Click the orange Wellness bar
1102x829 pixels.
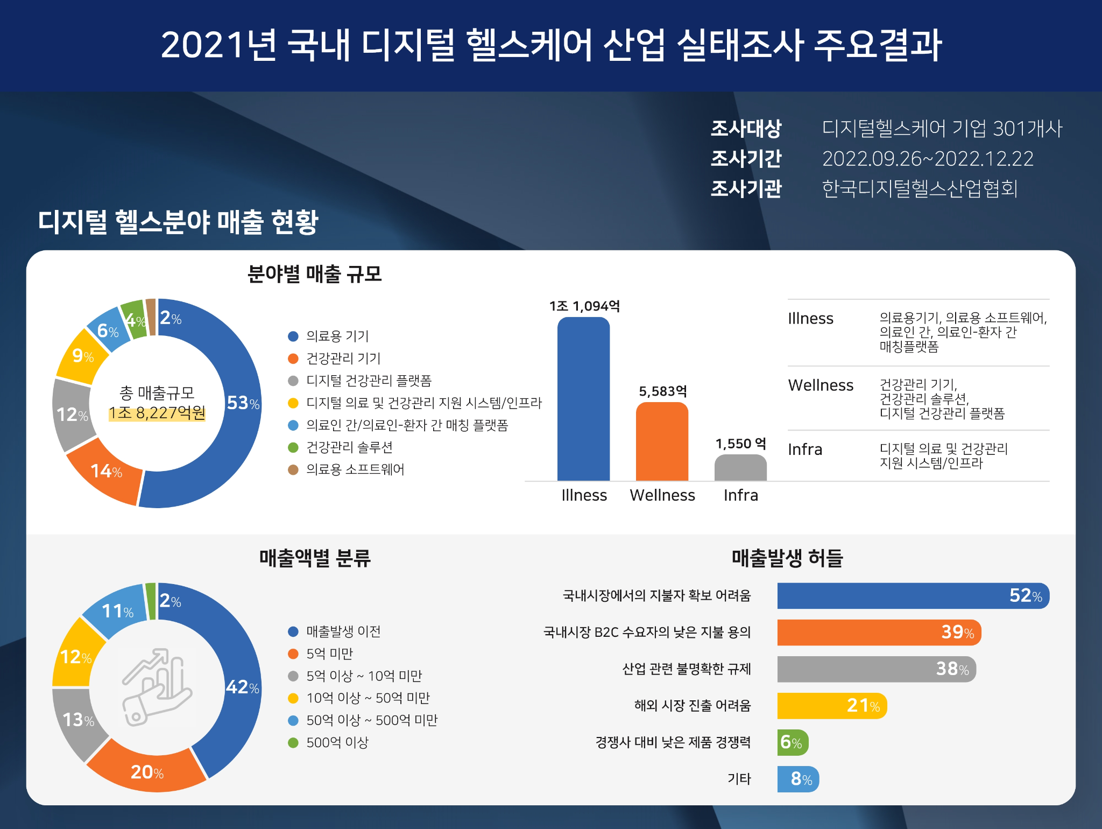point(662,441)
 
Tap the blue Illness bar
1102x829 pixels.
point(583,398)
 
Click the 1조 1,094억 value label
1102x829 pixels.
point(584,306)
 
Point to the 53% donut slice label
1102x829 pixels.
point(243,403)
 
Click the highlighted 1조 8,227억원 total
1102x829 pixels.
point(157,413)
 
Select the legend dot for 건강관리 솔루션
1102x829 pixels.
point(293,447)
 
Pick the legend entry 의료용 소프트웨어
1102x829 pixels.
point(355,469)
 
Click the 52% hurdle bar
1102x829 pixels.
point(913,596)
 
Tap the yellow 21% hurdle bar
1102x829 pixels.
point(831,706)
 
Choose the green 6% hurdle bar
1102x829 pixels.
point(792,742)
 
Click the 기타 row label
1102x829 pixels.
point(739,778)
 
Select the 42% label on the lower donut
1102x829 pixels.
point(242,687)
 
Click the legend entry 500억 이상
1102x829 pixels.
point(337,742)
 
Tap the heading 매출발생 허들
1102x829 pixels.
point(787,558)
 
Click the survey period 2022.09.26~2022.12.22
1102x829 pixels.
point(928,159)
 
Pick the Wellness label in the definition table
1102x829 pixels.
point(821,385)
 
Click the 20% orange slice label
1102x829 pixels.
point(147,772)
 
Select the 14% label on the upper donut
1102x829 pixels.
point(106,471)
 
